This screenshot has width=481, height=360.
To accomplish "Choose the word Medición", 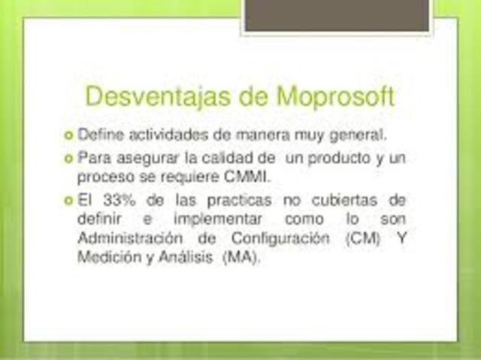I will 102,258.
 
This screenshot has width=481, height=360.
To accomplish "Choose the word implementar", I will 218,219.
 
